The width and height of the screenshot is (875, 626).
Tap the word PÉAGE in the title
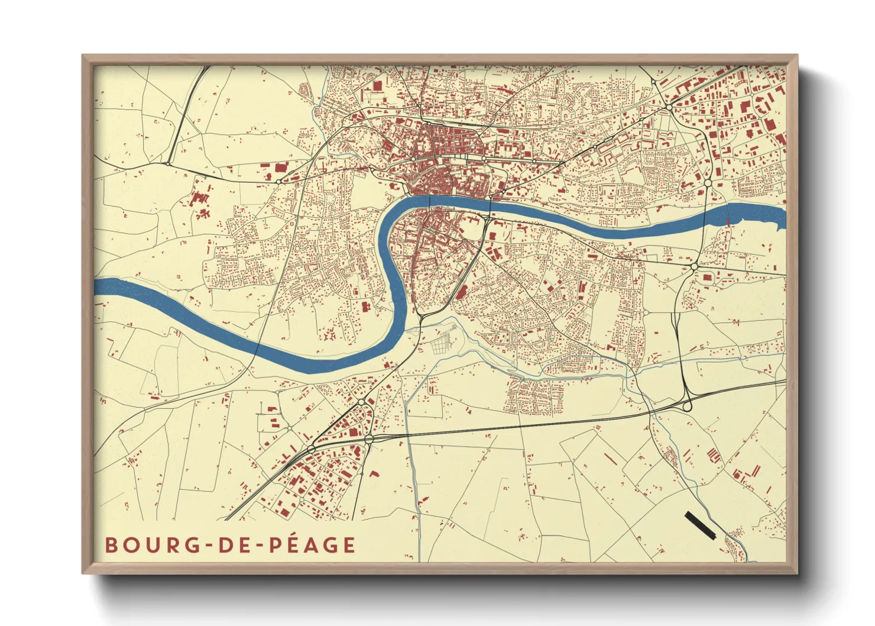pyautogui.click(x=312, y=545)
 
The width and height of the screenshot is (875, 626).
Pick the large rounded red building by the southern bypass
pyautogui.click(x=461, y=292)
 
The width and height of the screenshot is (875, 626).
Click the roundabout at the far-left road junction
pyautogui.click(x=168, y=164)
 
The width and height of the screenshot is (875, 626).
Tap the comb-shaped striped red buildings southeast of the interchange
pyautogui.click(x=714, y=455)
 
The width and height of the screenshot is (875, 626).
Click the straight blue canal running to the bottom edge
pyautogui.click(x=414, y=473)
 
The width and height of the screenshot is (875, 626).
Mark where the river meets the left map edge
pyautogui.click(x=96, y=286)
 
